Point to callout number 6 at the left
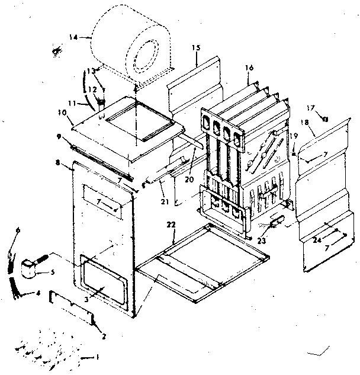tap(18, 230)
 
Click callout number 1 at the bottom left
tap(97, 358)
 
